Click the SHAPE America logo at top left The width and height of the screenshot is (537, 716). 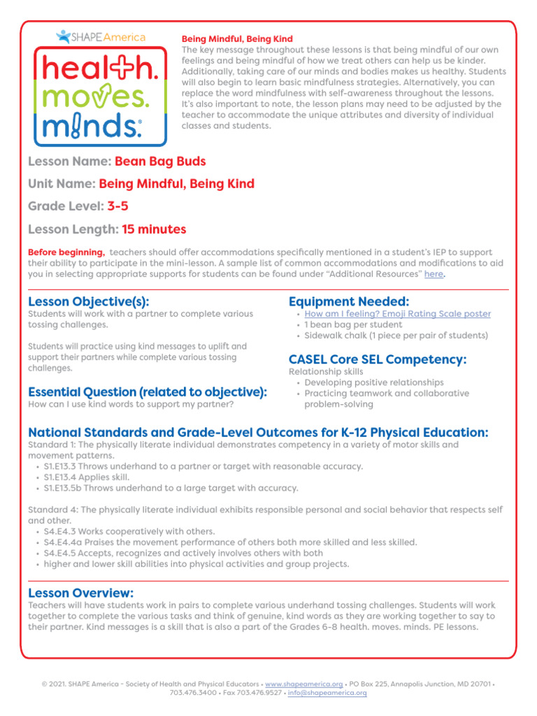coord(101,36)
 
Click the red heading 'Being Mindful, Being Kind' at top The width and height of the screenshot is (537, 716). coord(237,39)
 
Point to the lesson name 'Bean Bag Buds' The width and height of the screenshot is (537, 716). coord(160,162)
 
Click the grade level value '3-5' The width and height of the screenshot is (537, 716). coord(117,207)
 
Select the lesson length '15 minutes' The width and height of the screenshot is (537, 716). coord(154,229)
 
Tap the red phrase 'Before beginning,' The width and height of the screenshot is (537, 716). coord(66,252)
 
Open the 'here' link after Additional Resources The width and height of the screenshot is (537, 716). coord(434,275)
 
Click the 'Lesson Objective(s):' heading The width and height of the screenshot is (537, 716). coord(89,301)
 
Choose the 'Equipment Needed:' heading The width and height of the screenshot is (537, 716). coord(349,301)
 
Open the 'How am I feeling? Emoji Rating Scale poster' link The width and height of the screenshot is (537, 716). coord(397,315)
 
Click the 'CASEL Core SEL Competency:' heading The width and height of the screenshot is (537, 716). coord(378,360)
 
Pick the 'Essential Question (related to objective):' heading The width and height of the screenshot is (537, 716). coord(148,393)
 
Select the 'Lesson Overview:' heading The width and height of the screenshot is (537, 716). coord(80,592)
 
